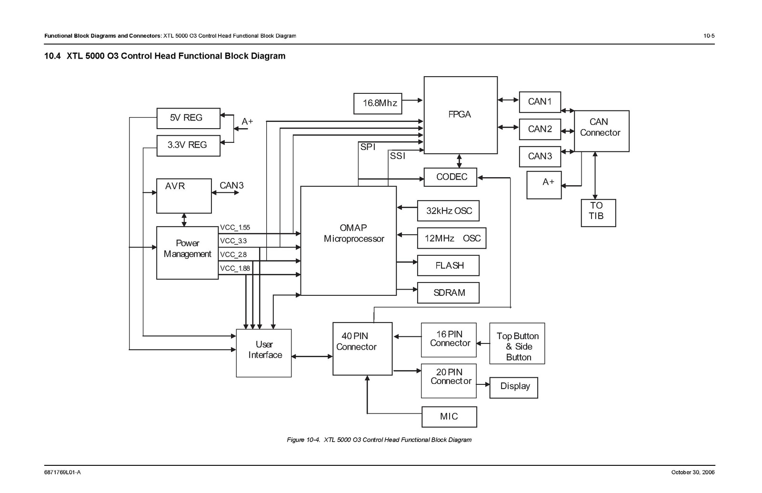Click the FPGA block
click(460, 115)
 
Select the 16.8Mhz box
click(378, 103)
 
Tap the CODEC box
click(450, 177)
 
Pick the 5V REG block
click(188, 118)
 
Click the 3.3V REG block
click(188, 145)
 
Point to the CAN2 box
click(540, 129)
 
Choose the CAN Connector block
click(601, 131)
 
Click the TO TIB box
click(598, 212)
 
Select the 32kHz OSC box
click(448, 211)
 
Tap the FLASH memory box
click(448, 266)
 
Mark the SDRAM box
click(448, 293)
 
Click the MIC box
click(449, 417)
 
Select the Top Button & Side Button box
click(517, 347)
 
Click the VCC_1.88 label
click(235, 269)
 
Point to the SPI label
click(368, 147)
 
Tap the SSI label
click(397, 156)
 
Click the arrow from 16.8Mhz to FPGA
click(412, 101)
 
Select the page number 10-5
click(709, 36)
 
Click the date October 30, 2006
click(692, 472)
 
